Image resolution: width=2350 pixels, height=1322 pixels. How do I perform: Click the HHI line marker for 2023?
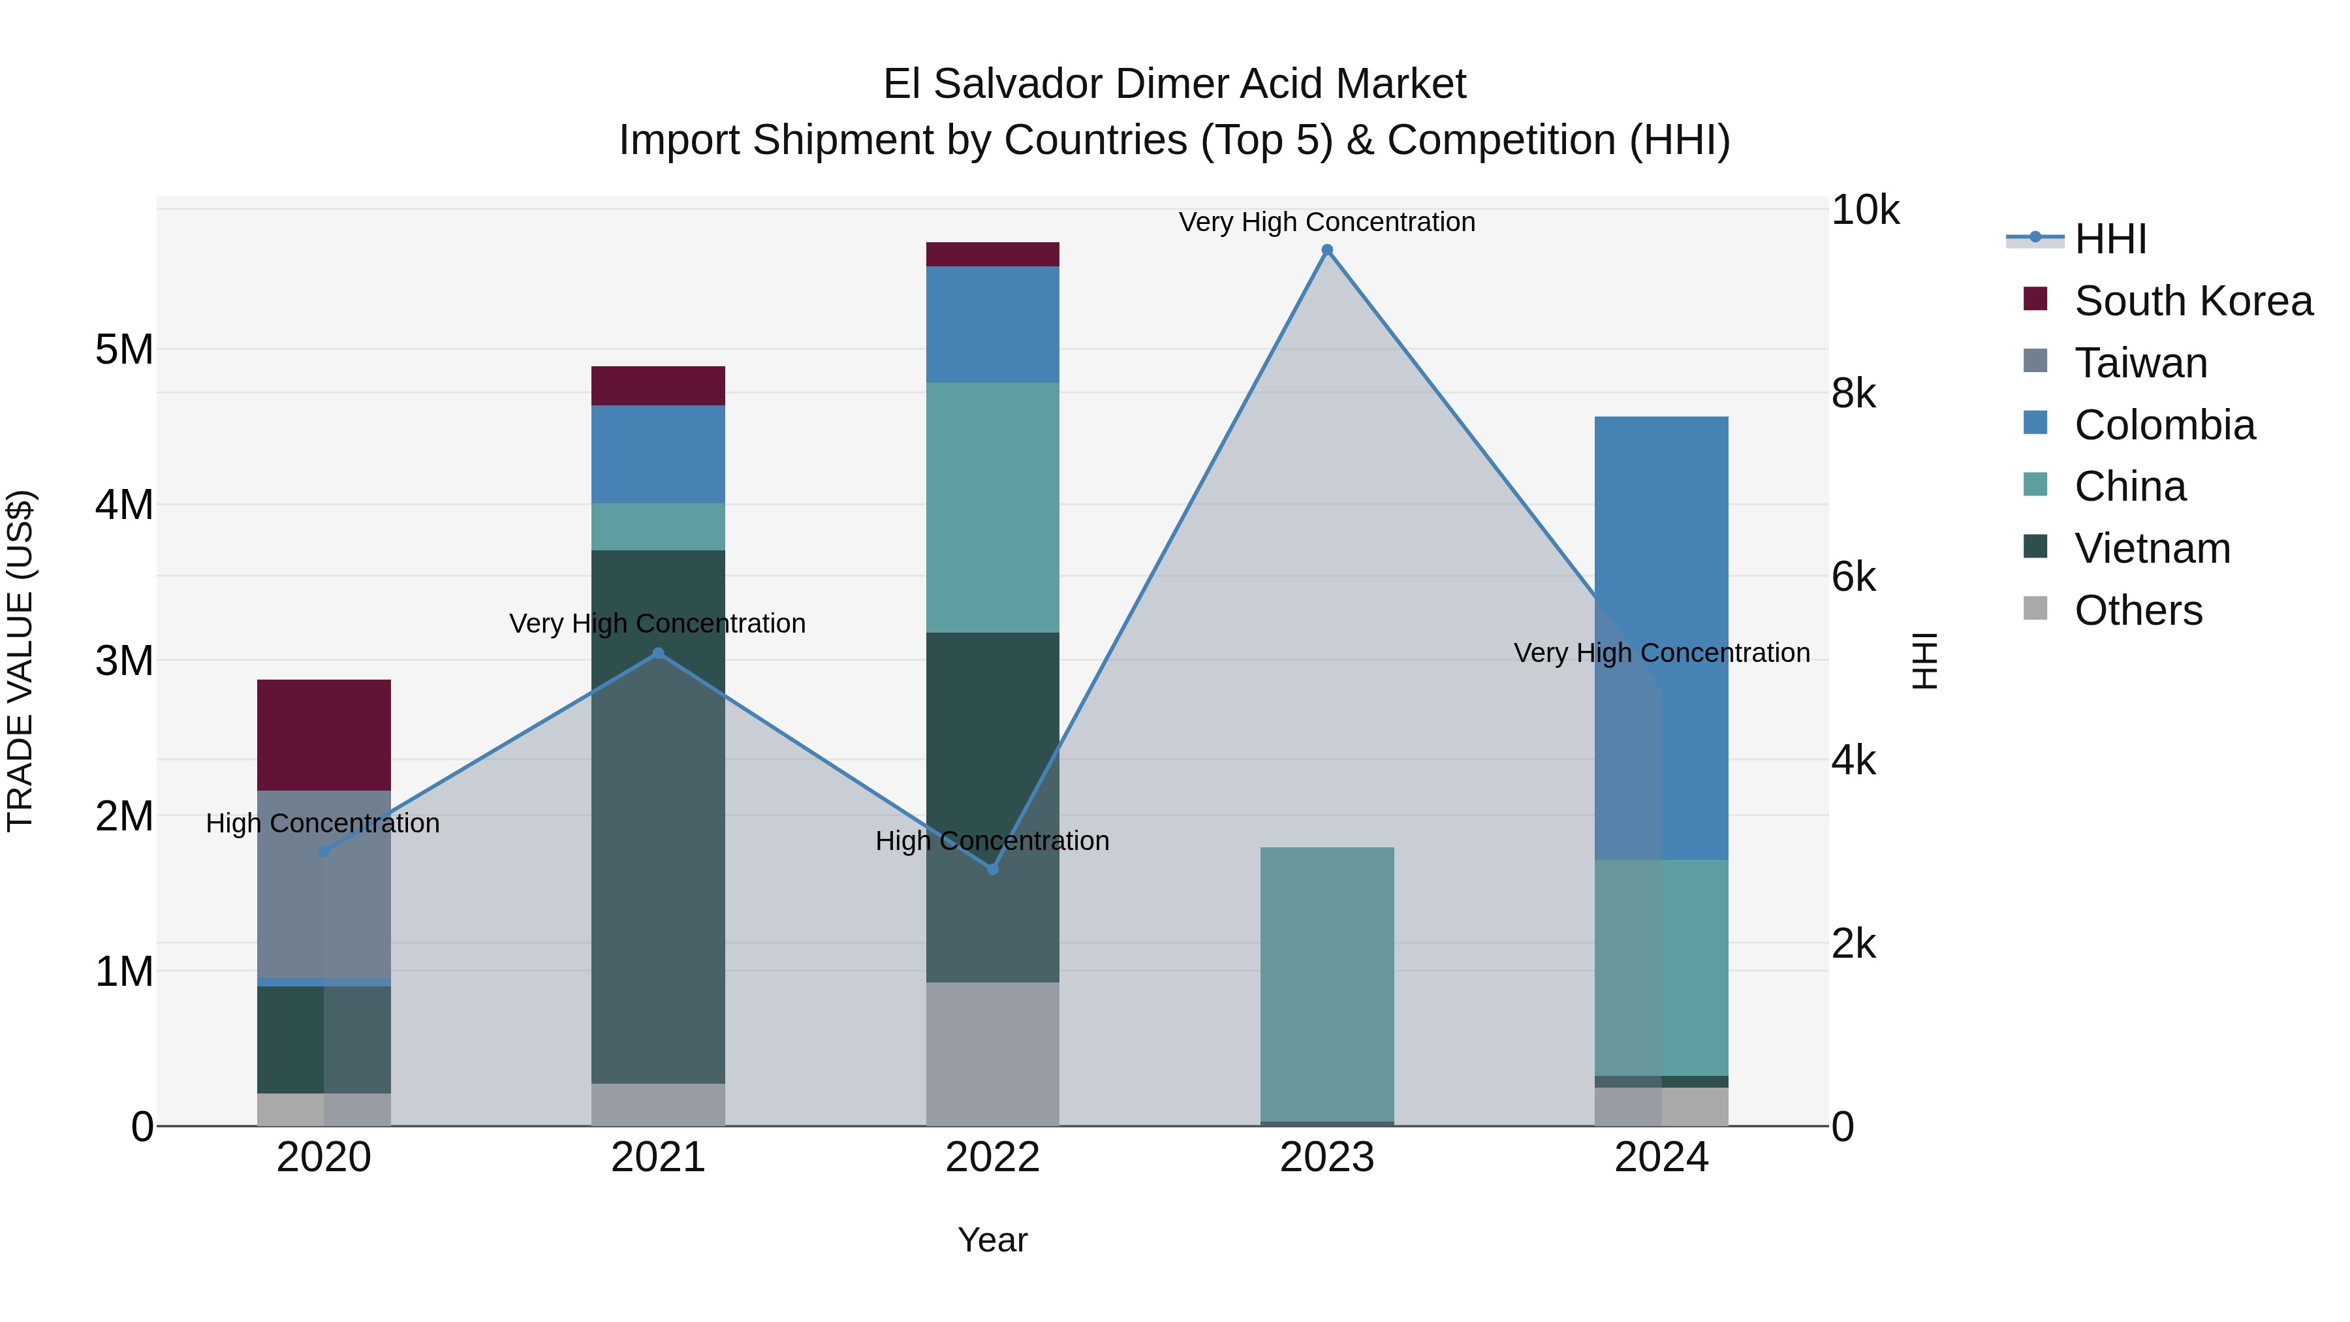(1326, 250)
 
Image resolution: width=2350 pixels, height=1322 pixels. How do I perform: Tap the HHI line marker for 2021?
(658, 653)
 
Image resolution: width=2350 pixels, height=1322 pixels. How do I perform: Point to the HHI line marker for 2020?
(324, 851)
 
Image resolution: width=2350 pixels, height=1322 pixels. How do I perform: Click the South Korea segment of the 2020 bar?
(324, 734)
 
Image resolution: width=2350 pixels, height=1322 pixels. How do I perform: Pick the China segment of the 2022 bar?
(992, 507)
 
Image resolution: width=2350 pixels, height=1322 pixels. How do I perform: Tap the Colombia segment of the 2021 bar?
(658, 454)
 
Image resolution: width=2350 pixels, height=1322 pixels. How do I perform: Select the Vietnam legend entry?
(2152, 548)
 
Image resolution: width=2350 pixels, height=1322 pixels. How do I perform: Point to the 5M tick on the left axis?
(124, 349)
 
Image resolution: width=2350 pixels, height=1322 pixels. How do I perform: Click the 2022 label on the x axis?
(992, 1157)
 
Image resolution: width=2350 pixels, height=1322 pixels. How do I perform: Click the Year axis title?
(992, 1240)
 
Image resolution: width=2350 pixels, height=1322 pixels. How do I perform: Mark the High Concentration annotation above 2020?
(323, 823)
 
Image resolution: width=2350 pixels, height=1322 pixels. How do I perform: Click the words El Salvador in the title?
(994, 84)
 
